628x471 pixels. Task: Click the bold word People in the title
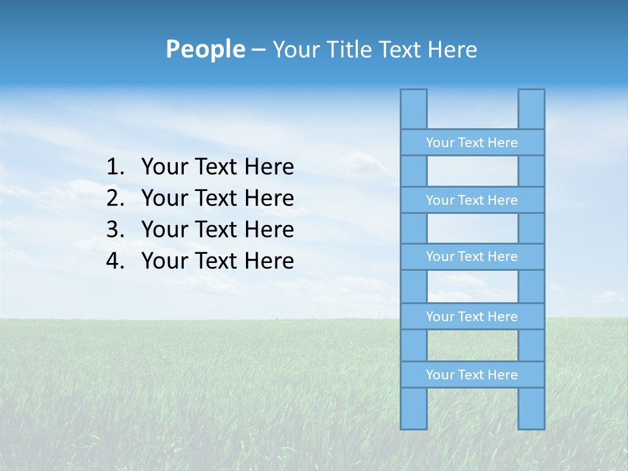point(205,49)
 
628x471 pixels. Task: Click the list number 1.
point(115,167)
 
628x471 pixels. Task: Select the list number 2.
point(115,198)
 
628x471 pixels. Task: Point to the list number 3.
point(115,230)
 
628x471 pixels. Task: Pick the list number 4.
point(115,261)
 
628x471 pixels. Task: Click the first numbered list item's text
point(217,167)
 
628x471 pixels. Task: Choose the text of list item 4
point(217,261)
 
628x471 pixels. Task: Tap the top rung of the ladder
point(472,143)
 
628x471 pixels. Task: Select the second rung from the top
point(472,200)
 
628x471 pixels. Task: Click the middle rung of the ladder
point(472,256)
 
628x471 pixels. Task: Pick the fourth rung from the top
point(472,317)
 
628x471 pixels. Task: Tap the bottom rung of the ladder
point(472,375)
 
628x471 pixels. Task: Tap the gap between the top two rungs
point(472,171)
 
